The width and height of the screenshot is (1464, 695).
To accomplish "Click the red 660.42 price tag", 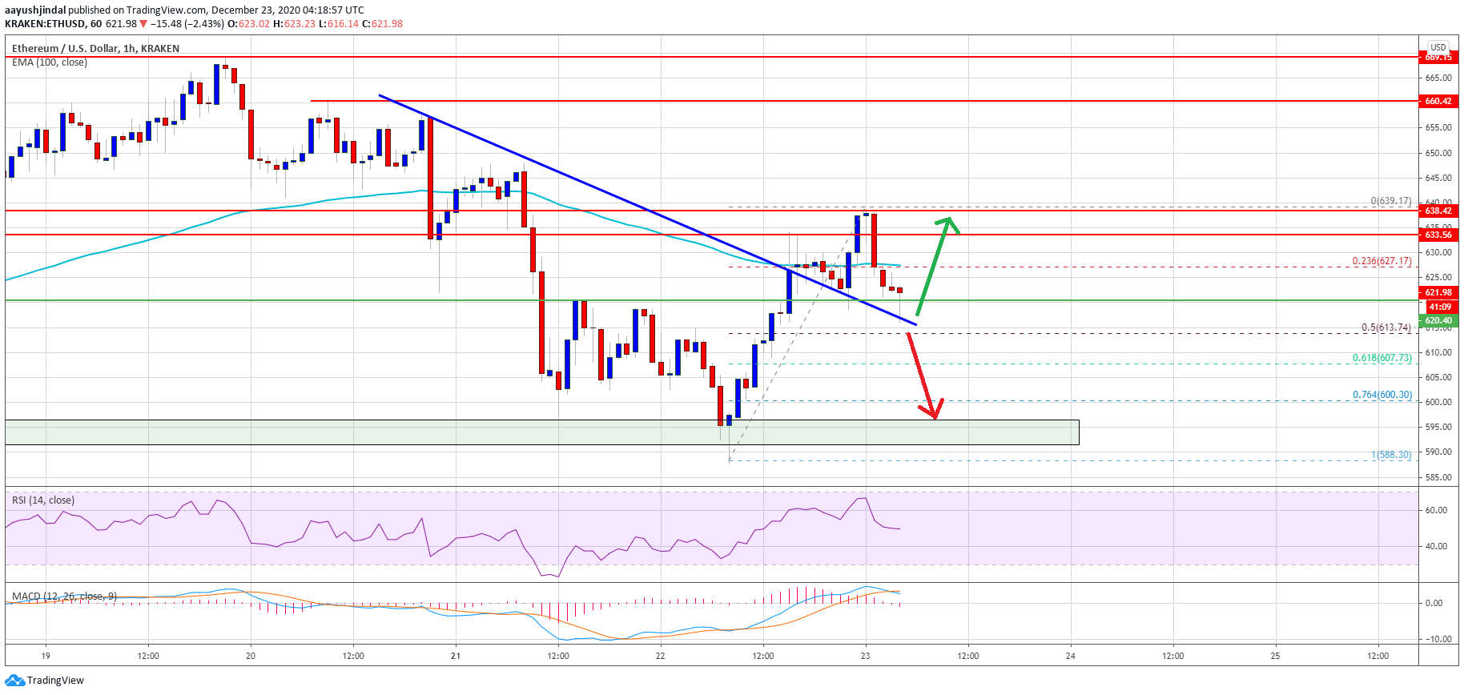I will [1438, 101].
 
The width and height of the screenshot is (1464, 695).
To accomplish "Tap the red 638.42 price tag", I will [1438, 211].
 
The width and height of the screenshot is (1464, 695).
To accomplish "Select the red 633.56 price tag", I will [1438, 235].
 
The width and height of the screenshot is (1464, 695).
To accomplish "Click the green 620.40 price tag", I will [1438, 320].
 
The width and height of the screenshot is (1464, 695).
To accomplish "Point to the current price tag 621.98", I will [1438, 292].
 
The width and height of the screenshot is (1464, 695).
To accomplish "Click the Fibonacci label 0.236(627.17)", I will [1382, 261].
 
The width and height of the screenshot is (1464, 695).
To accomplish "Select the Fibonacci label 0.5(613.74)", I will [1386, 327].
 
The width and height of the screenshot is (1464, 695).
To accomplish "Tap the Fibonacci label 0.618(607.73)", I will [1382, 358].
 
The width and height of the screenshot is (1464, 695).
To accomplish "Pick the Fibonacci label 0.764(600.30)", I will [1382, 395].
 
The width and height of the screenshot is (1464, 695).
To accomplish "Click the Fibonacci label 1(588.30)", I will [1391, 455].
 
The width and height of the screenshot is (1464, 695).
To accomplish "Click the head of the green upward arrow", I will [948, 221].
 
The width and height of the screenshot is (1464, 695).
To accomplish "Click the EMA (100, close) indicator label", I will [50, 62].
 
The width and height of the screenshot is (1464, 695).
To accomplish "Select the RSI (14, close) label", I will [43, 500].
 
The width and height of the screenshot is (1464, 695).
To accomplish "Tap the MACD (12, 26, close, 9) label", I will [64, 597].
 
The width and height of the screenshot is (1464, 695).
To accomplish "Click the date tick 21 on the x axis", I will [456, 656].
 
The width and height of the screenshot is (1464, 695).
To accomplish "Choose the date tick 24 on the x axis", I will [1071, 656].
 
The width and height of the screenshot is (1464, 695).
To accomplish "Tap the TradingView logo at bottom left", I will [45, 681].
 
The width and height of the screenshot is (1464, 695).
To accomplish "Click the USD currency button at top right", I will [1438, 47].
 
